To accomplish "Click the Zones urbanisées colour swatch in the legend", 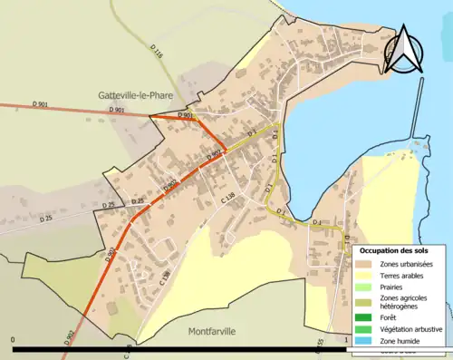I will tap(366, 264).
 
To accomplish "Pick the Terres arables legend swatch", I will tap(366, 275).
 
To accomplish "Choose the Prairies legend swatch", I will tap(366, 286).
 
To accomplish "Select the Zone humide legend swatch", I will tap(366, 339).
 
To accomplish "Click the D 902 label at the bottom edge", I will tap(69, 338).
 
